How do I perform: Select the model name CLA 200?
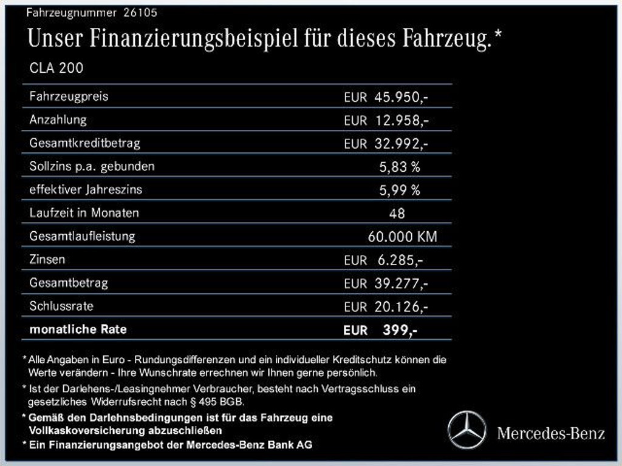[x=56, y=68]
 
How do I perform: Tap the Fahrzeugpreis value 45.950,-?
[x=402, y=97]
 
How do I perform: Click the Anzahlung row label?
[x=58, y=120]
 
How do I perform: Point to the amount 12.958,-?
[x=402, y=120]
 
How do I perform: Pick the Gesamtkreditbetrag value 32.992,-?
[x=402, y=144]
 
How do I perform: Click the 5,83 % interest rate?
[x=400, y=167]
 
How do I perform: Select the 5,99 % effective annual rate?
[x=400, y=190]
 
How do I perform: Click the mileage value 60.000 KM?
[x=402, y=237]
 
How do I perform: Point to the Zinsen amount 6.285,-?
[x=400, y=260]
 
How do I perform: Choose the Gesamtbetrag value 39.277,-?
[x=402, y=283]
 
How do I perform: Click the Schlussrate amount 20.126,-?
[x=402, y=307]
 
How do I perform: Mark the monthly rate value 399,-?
[x=400, y=330]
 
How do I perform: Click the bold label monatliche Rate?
[x=78, y=329]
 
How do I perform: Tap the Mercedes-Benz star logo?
[x=466, y=430]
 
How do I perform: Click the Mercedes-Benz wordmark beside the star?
[x=551, y=433]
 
